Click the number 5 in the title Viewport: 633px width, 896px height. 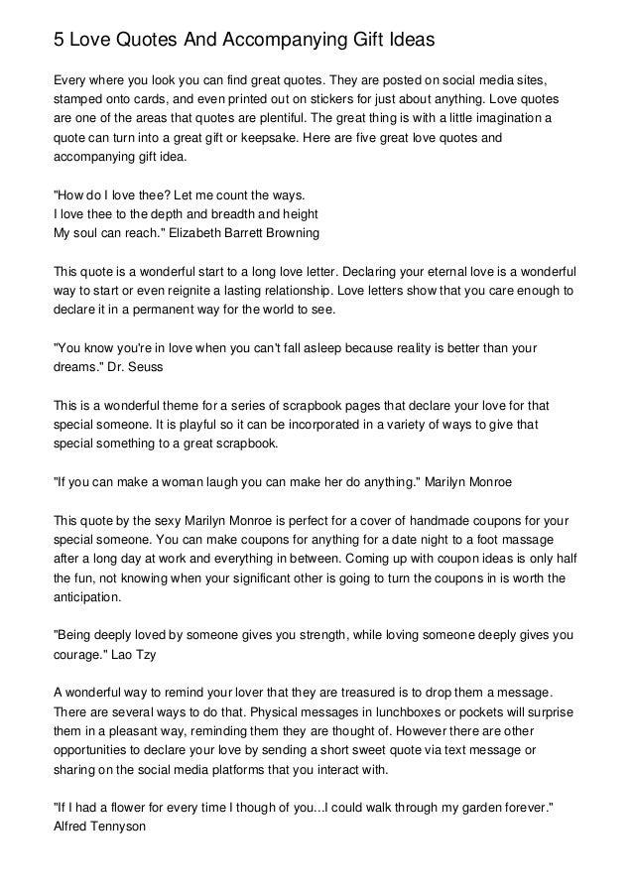[59, 41]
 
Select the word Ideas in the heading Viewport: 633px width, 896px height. [406, 41]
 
